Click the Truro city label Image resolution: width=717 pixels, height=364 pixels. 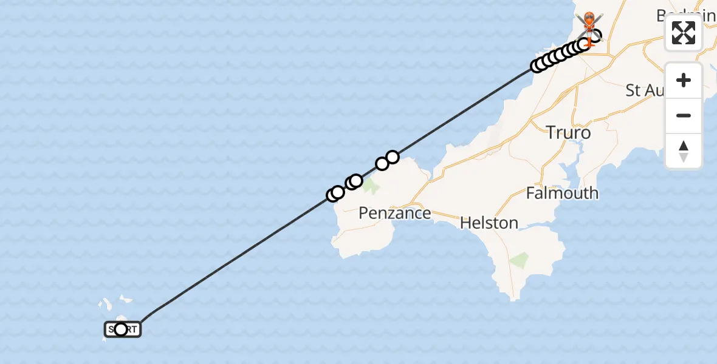coord(568,132)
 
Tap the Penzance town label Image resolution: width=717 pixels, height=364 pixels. coord(394,213)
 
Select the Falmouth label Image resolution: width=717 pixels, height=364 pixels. coord(562,194)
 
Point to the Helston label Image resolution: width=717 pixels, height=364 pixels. coord(489,223)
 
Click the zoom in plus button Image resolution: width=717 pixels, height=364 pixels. coord(684,81)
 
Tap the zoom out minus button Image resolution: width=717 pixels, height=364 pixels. coord(684,115)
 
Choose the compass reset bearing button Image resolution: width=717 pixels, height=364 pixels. coord(684,150)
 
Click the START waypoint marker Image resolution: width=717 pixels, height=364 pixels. coord(122,329)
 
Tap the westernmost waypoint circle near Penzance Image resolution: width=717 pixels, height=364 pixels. coord(332,195)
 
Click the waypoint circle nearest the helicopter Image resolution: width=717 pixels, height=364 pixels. coord(595,36)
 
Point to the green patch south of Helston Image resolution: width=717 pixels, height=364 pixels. coord(519,261)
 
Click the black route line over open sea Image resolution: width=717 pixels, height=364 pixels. coord(243,255)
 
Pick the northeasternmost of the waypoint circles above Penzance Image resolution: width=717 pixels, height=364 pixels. coord(393,158)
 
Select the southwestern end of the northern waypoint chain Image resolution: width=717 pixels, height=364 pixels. coord(537,66)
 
